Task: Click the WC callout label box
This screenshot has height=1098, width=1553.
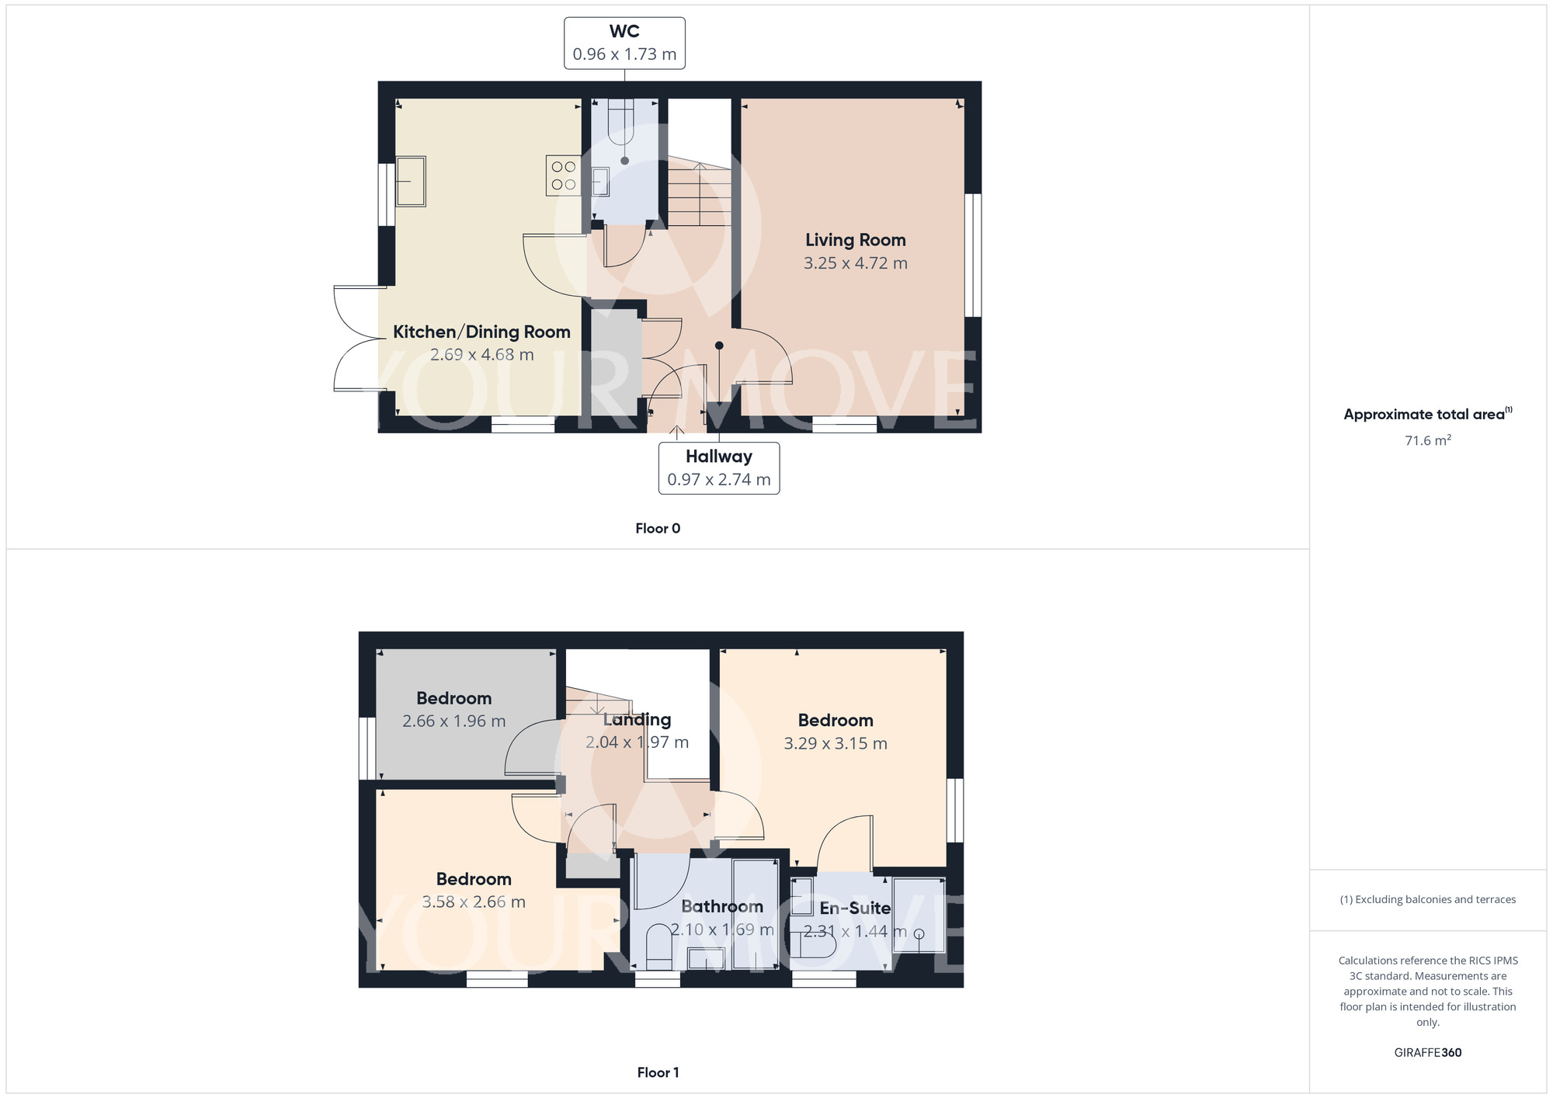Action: click(624, 43)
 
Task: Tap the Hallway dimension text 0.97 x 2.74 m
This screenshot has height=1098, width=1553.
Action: click(718, 480)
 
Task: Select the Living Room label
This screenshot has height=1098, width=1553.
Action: click(855, 241)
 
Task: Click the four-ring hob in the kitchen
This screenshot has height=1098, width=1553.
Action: click(564, 175)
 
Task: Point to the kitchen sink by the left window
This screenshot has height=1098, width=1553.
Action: click(411, 181)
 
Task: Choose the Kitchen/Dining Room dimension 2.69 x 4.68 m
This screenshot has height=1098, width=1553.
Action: click(481, 355)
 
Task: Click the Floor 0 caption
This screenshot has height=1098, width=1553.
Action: click(657, 529)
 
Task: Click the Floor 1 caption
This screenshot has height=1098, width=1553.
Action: click(657, 1072)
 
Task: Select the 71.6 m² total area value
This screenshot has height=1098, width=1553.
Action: click(1427, 440)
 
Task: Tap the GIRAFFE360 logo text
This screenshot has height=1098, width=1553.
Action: click(1427, 1053)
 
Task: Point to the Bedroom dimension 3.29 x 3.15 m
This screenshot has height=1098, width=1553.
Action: click(835, 744)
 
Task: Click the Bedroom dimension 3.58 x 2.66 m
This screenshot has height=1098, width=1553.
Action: click(473, 902)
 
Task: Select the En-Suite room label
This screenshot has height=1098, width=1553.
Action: click(854, 908)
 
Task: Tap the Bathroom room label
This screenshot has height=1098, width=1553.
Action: click(721, 906)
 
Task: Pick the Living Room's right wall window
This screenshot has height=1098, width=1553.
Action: click(972, 255)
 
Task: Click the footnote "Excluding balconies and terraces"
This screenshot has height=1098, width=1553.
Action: click(1427, 900)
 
